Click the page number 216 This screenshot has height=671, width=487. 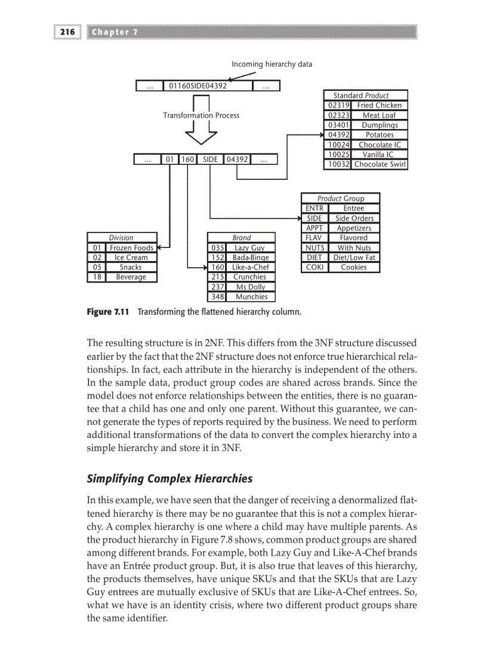[x=67, y=32]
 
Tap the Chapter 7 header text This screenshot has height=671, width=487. [x=115, y=32]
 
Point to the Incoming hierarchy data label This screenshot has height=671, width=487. [x=272, y=64]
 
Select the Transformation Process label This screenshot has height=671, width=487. [x=201, y=115]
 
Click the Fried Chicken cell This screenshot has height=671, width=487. [x=379, y=105]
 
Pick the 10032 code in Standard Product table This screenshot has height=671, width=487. [x=337, y=164]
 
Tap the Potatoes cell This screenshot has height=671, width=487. [x=379, y=135]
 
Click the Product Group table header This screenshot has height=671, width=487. [x=340, y=198]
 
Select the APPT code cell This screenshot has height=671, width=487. [x=314, y=228]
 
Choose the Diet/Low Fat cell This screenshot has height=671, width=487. [x=354, y=258]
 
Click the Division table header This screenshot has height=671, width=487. [x=121, y=238]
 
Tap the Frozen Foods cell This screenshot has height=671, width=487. [x=131, y=248]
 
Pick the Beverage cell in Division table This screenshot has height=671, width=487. [x=131, y=277]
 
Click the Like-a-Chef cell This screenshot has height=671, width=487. [x=249, y=267]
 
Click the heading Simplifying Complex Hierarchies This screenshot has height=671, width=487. [x=169, y=479]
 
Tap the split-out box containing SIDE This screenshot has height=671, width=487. [x=210, y=160]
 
